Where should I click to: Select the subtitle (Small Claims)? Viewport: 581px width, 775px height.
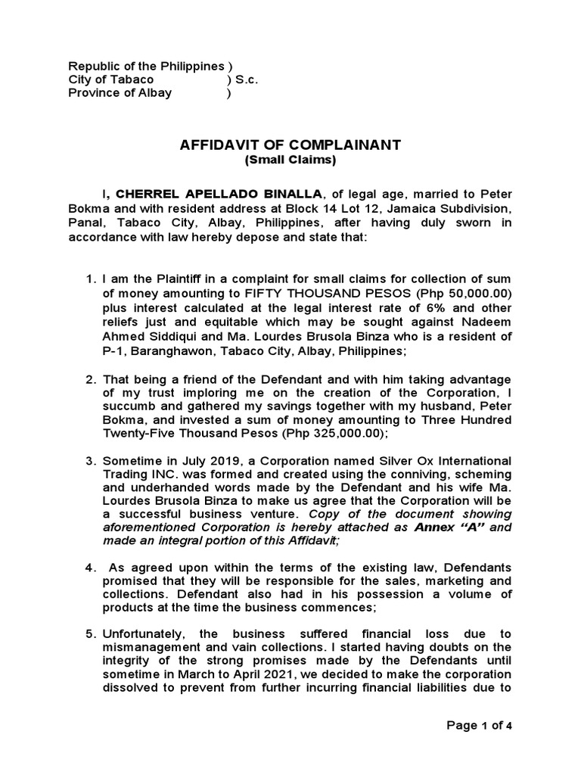(290, 160)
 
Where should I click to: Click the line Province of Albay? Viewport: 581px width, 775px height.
(120, 93)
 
